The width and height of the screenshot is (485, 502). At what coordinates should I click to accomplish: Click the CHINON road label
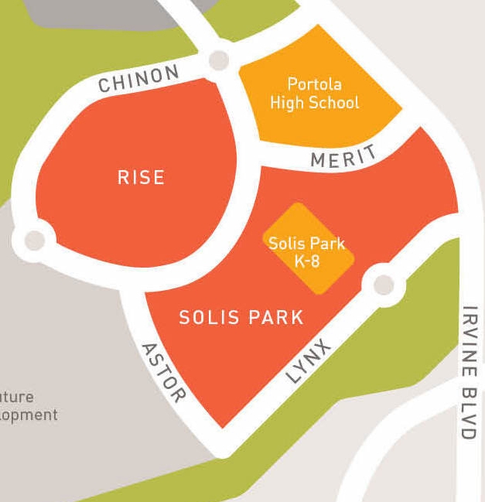139,78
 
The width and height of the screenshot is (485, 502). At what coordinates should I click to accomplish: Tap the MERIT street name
343,157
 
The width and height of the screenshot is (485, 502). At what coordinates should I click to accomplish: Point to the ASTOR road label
163,372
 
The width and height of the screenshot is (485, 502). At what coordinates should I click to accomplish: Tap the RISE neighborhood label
141,177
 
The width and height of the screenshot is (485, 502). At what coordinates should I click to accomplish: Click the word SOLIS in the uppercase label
207,317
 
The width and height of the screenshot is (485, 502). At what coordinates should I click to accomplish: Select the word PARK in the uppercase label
275,317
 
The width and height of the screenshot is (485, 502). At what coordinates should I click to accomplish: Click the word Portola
314,84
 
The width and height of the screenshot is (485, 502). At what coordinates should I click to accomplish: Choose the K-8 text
307,261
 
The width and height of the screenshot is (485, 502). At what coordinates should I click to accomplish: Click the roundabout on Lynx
383,284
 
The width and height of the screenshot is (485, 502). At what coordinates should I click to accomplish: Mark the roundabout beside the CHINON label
219,60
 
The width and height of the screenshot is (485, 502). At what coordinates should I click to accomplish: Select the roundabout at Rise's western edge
35,240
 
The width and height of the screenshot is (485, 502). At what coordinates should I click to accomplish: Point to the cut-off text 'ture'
16,397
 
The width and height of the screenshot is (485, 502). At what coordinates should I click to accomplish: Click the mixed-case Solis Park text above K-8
307,243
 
